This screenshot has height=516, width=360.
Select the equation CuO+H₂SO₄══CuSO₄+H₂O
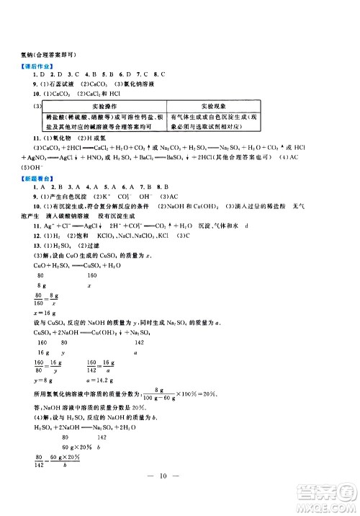tap(61, 266)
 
